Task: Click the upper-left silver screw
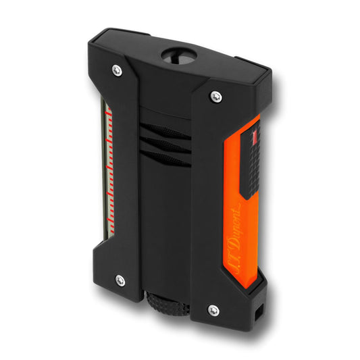tap(117, 70)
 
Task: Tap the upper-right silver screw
tap(216, 97)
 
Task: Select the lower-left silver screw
tap(120, 280)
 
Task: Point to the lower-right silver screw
tap(213, 311)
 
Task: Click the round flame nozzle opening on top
tap(179, 55)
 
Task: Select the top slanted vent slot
tap(165, 131)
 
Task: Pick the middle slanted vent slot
tap(165, 145)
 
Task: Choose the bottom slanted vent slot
tap(165, 159)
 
